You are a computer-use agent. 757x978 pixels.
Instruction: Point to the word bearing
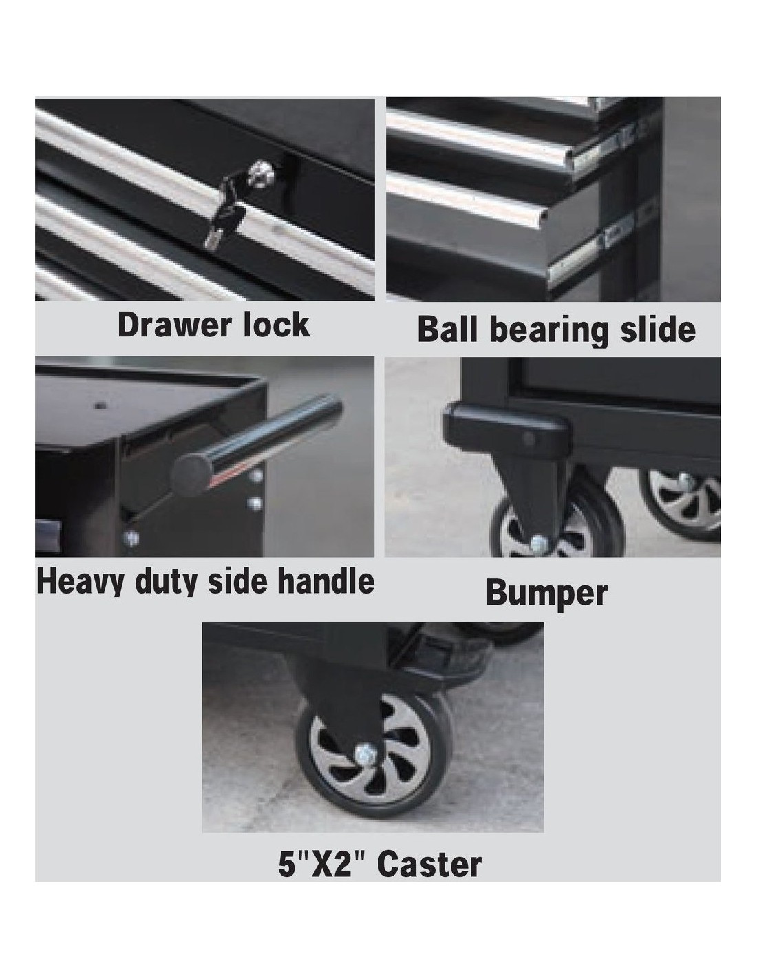point(548,332)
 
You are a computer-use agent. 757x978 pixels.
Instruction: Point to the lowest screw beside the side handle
point(131,538)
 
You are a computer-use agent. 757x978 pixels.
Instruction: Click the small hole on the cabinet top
point(101,406)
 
